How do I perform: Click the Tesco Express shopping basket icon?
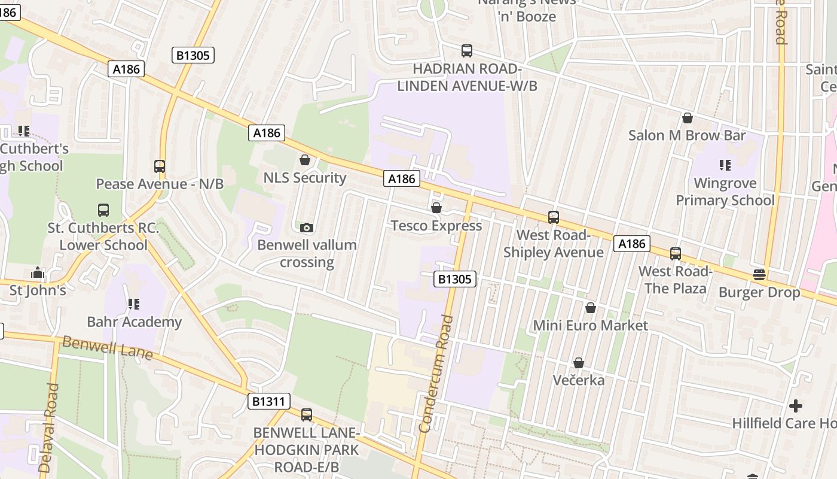[x=436, y=208]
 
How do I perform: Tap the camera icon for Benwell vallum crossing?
[x=306, y=228]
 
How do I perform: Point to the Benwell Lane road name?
[x=107, y=347]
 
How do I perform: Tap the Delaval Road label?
[x=48, y=428]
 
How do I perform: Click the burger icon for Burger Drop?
[x=759, y=275]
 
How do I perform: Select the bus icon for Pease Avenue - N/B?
[x=159, y=166]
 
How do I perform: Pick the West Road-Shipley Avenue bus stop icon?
[x=554, y=217]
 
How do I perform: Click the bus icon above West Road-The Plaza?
[x=675, y=253]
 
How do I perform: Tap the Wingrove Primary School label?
[x=725, y=192]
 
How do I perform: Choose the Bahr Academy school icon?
[x=134, y=304]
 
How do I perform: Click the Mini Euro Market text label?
[x=590, y=325]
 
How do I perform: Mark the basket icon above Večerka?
[x=578, y=363]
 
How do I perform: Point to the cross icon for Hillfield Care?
[x=795, y=406]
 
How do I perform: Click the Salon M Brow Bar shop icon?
[x=687, y=118]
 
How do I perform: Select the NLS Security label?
[x=304, y=178]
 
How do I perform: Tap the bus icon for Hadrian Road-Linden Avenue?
[x=467, y=51]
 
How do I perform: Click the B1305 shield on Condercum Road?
[x=454, y=279]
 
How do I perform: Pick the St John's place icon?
[x=38, y=273]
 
